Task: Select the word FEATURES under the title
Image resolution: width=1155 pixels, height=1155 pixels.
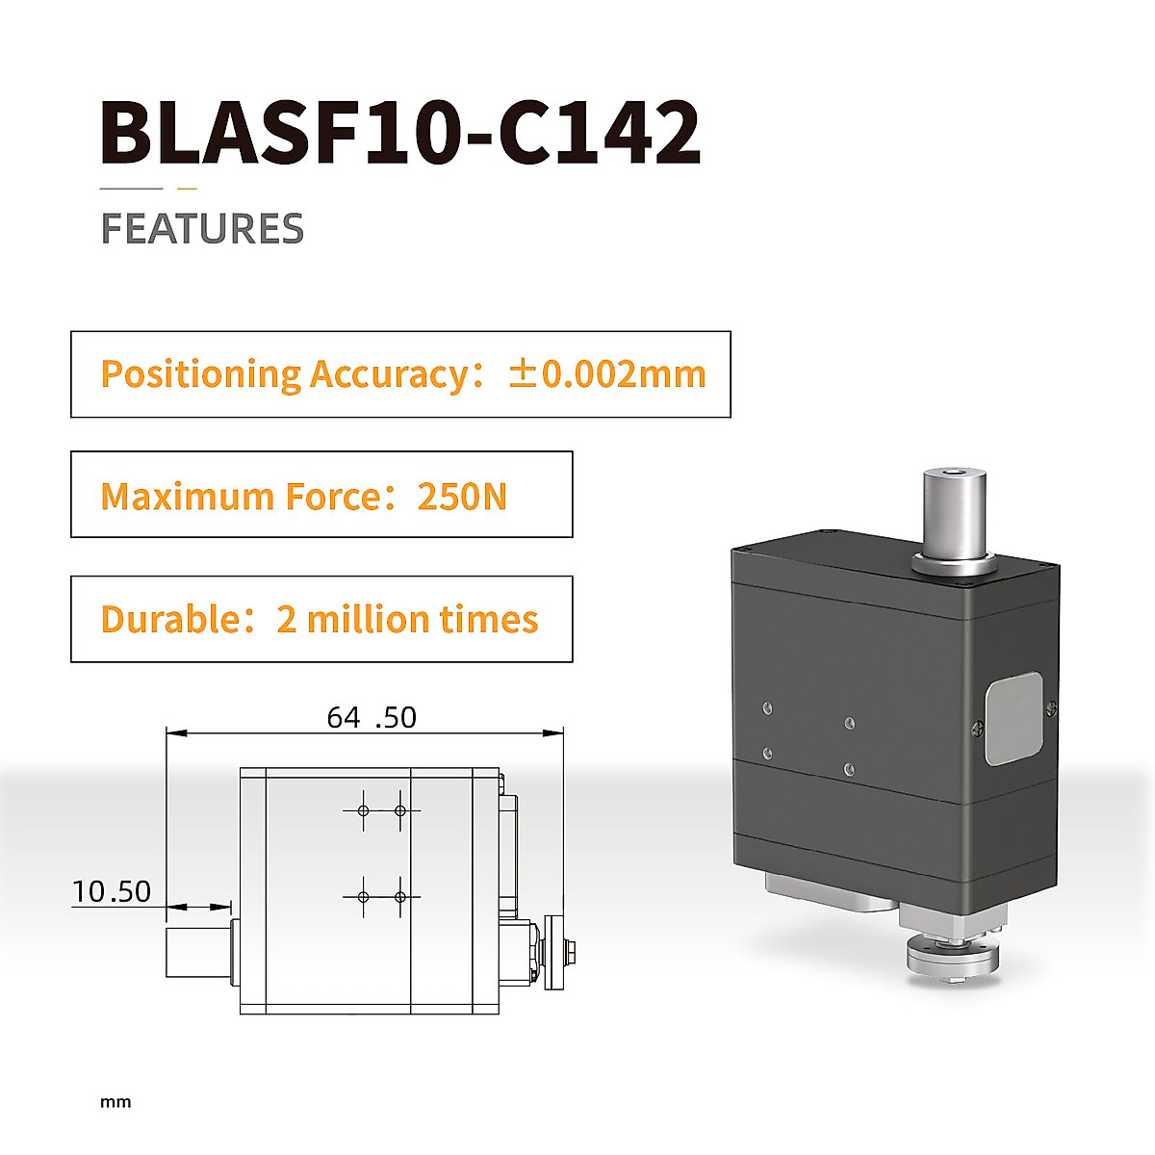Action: tap(202, 229)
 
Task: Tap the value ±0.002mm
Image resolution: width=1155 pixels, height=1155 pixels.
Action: tap(607, 374)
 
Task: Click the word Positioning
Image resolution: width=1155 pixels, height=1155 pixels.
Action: tap(200, 374)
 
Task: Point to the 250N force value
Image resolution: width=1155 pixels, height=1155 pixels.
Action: tap(461, 497)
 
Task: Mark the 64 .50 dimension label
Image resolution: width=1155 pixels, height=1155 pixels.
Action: tap(372, 718)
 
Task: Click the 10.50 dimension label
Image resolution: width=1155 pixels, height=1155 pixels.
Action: tap(112, 892)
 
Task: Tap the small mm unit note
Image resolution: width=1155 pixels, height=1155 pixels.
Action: tap(115, 1102)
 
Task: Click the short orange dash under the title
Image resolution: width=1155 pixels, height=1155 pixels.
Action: tap(187, 189)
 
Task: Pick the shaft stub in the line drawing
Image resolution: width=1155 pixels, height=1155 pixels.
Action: tap(198, 952)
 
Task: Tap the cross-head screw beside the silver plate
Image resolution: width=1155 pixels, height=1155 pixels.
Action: tap(979, 729)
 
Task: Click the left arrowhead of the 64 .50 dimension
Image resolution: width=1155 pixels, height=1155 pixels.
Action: tap(175, 733)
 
